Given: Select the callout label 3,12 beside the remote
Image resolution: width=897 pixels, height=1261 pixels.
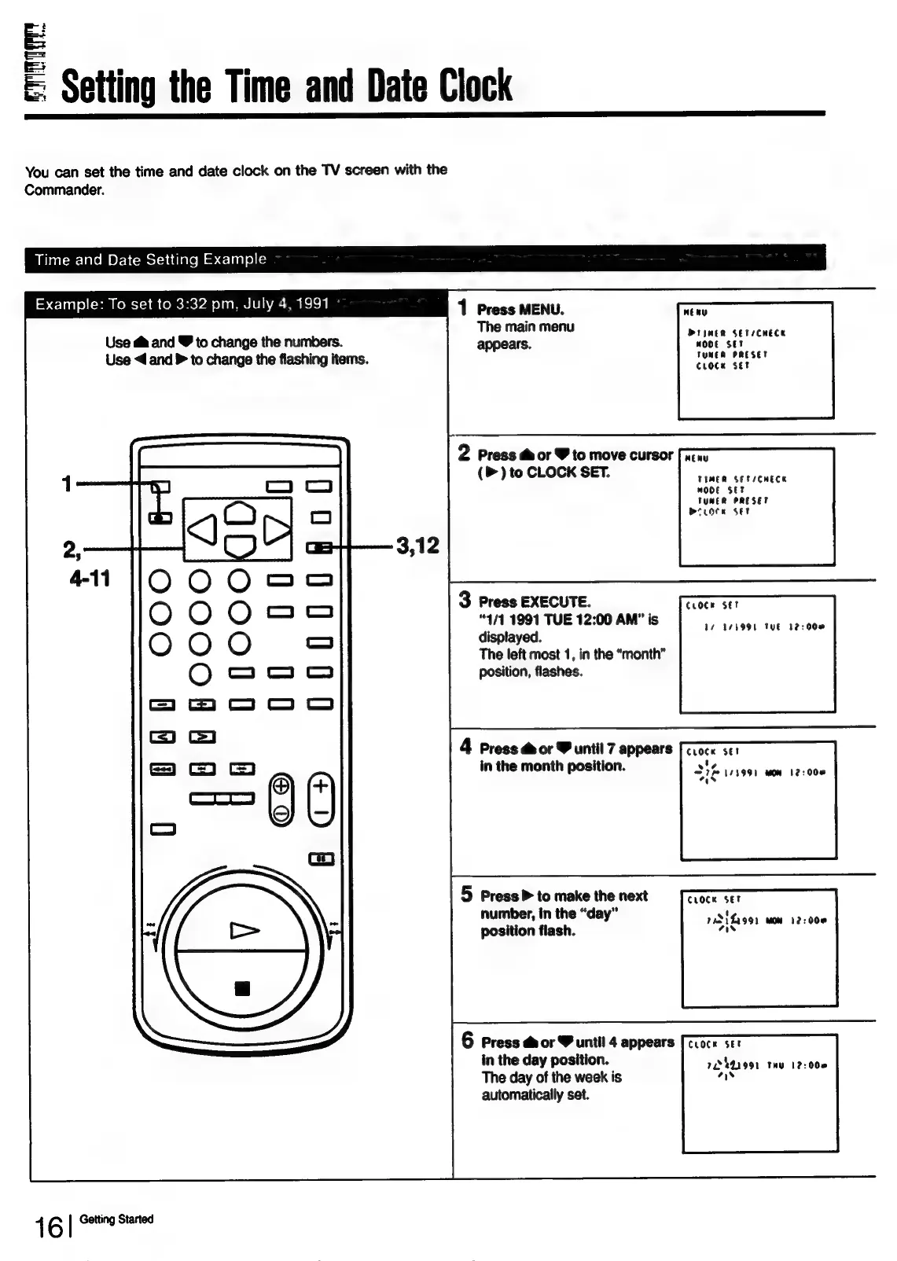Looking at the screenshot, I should coord(417,546).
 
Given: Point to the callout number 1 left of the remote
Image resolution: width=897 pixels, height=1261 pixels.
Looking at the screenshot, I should coord(68,483).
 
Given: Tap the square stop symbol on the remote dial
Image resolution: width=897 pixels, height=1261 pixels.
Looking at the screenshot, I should coord(243,987).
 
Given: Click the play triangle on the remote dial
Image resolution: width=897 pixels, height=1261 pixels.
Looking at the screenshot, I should coord(244,931).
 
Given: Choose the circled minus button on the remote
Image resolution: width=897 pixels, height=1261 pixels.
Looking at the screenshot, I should coord(281,813).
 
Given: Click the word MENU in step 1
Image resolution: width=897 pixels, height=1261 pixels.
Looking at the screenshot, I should coord(541,310).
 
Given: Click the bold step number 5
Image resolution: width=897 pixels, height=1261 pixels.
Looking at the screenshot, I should coord(467,895).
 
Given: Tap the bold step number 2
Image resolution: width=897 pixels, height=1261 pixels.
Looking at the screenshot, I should coord(465,453).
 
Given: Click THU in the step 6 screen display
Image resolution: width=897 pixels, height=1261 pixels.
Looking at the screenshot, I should coord(777,1066).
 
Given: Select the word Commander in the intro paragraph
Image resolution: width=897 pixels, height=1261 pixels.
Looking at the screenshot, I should coord(64,190).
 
